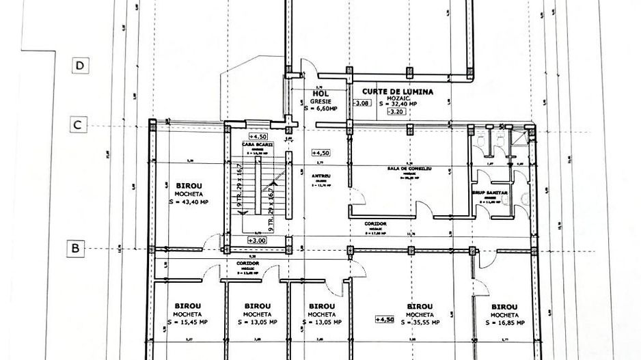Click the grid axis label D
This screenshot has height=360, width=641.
[81, 66]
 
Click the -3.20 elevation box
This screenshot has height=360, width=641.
[394, 113]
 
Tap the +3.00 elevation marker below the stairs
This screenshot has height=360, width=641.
[257, 240]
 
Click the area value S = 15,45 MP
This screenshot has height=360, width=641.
[186, 322]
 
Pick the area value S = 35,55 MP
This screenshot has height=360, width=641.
[420, 322]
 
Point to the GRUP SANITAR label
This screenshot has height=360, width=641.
[491, 193]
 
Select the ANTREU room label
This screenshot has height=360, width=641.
[321, 176]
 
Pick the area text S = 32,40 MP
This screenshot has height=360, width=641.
[400, 105]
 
